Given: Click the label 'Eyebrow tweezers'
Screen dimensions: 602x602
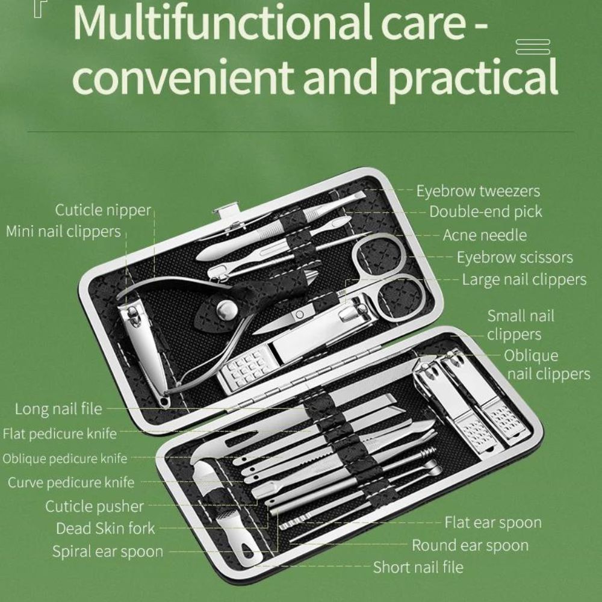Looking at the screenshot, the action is [478, 191].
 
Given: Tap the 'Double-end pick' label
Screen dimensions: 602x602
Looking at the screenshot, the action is [485, 211].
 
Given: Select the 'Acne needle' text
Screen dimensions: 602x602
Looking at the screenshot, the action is [485, 235].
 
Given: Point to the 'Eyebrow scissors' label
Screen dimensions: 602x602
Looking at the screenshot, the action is [515, 257].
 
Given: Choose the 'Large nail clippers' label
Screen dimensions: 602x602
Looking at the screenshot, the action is [524, 279].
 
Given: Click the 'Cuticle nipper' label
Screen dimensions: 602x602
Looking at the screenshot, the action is [103, 210].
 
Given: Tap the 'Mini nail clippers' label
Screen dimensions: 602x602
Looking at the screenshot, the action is [63, 232].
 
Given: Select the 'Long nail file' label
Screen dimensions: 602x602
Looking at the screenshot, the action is [58, 409].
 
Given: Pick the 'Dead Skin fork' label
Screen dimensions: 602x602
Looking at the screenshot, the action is [105, 529].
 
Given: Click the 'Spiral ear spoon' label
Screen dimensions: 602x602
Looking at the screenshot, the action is [108, 551].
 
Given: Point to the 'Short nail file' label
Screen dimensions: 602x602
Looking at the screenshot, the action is [418, 567].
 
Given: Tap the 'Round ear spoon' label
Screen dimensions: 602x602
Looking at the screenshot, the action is [470, 545].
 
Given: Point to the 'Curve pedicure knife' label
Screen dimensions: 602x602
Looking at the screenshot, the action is [71, 483].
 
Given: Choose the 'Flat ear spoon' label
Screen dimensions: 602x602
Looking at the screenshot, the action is [493, 523].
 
